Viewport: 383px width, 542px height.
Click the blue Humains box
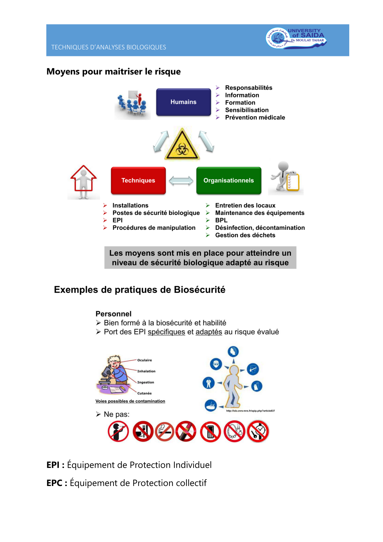click(183, 102)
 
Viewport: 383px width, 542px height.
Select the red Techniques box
click(138, 181)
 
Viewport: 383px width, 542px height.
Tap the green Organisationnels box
click(229, 181)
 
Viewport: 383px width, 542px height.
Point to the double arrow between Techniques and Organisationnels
click(181, 181)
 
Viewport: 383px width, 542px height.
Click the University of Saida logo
click(296, 38)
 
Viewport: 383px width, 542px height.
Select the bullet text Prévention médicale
click(255, 117)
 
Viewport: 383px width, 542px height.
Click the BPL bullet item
click(221, 220)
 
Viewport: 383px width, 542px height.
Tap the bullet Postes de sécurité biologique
click(156, 213)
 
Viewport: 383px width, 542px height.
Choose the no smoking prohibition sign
click(165, 432)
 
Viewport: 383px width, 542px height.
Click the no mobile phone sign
click(210, 432)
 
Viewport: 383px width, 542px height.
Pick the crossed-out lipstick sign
click(186, 431)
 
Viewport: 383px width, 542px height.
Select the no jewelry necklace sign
click(234, 431)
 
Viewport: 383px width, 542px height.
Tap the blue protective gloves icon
click(257, 386)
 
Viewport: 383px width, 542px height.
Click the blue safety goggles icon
click(216, 364)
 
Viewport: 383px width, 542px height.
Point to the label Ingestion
click(146, 382)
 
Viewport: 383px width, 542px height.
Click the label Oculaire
click(145, 360)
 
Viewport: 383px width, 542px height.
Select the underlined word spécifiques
click(166, 332)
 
